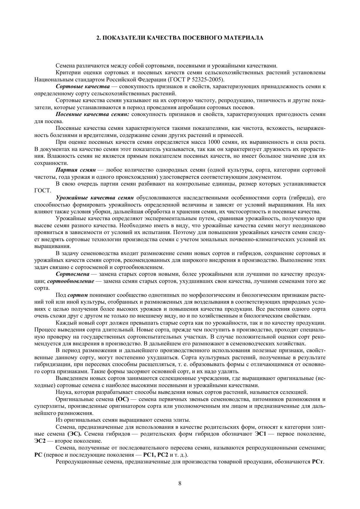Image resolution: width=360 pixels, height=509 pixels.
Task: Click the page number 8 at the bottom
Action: (180, 484)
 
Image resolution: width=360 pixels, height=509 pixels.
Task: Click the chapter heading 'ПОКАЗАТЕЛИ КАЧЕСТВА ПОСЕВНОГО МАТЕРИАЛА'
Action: (183, 38)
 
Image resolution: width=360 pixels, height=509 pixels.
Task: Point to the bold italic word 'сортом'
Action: (78, 295)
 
